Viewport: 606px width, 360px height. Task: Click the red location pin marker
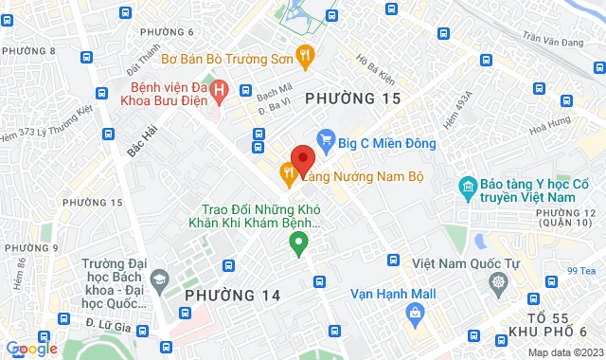tap(302, 157)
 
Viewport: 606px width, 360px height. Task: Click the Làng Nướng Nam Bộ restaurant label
tap(362, 176)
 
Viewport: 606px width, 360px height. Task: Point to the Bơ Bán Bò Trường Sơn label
tap(226, 58)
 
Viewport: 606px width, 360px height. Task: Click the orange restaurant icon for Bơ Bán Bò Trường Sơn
tap(305, 57)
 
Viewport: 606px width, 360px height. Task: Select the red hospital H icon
tap(220, 91)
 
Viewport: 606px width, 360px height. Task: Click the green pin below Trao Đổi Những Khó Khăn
tap(299, 245)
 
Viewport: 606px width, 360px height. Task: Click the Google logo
tap(31, 349)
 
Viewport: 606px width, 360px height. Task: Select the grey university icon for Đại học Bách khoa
tap(160, 280)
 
